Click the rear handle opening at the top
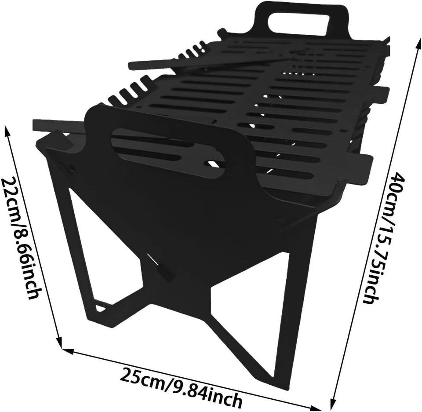(298, 22)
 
